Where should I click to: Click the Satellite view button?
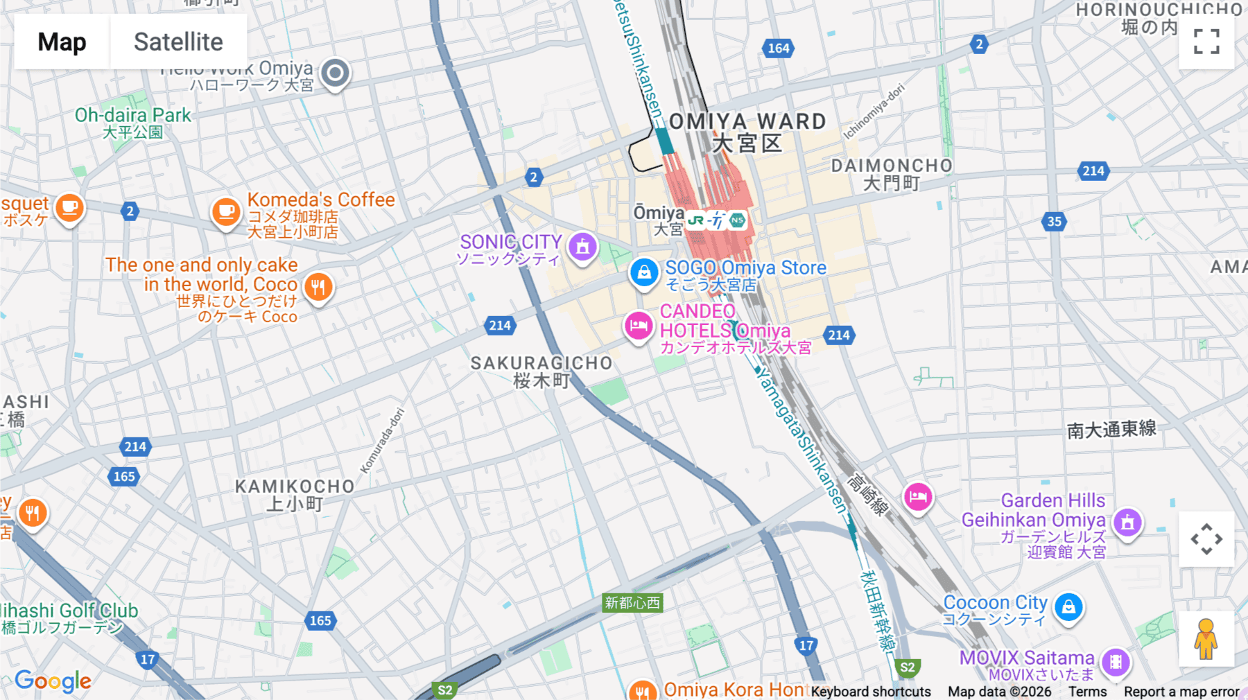click(178, 42)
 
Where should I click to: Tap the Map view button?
click(62, 42)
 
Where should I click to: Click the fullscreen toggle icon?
click(1206, 42)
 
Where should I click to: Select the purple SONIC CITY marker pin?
click(582, 247)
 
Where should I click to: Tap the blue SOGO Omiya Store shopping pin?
click(643, 272)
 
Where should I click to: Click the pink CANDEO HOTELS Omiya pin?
click(638, 326)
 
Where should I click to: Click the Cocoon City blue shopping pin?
click(1068, 608)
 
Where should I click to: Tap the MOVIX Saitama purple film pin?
click(1116, 662)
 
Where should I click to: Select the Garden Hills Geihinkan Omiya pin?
click(1127, 523)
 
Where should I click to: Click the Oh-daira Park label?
click(132, 116)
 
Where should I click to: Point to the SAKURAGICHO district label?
click(541, 363)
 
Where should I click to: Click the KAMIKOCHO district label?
click(295, 487)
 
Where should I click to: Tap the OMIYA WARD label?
click(747, 122)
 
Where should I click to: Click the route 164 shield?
click(778, 49)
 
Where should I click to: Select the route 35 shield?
click(1054, 222)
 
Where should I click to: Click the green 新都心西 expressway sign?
click(632, 603)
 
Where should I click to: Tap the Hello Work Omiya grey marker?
click(336, 73)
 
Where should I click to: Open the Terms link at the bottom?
click(1087, 692)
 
